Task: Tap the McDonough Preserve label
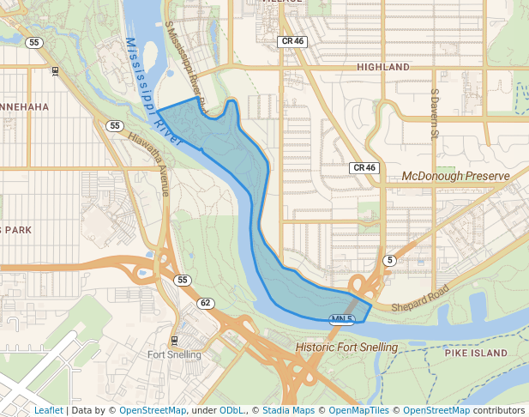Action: tap(455, 176)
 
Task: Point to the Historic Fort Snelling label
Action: tap(346, 347)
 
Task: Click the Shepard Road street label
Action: tap(420, 300)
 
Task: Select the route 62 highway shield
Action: tap(205, 303)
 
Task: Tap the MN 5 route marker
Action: tap(342, 319)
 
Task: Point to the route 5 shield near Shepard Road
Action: tap(390, 260)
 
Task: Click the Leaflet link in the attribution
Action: tap(48, 410)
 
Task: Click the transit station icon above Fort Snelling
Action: tap(175, 340)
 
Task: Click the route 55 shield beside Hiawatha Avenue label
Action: tap(115, 125)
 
